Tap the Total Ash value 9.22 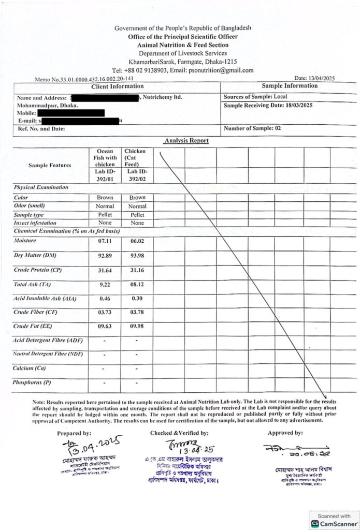(105, 285)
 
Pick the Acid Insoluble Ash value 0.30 (137, 299)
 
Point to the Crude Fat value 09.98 (137, 327)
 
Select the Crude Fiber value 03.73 (105, 313)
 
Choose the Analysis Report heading (186, 140)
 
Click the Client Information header (117, 86)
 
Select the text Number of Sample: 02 (252, 128)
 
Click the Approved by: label (285, 433)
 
